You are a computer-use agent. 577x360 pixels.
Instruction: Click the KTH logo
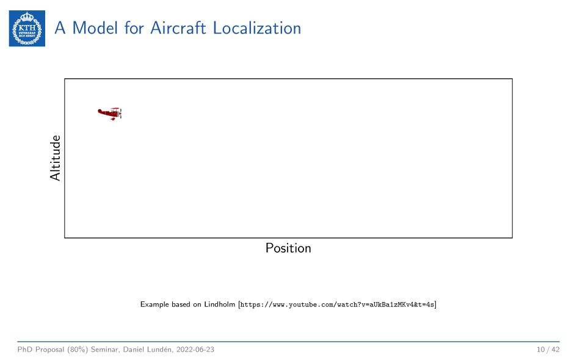tap(27, 28)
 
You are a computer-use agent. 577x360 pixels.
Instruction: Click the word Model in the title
tap(95, 28)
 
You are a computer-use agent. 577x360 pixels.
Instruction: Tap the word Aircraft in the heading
tap(178, 28)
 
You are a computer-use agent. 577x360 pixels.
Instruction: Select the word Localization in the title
tap(257, 28)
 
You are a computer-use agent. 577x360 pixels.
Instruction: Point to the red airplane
tap(110, 113)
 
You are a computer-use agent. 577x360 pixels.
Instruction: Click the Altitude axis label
tap(55, 158)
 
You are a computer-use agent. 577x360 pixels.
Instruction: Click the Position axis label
tap(288, 248)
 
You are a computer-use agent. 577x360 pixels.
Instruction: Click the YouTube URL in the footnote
tap(337, 304)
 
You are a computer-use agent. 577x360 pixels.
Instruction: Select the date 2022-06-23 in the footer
tap(195, 350)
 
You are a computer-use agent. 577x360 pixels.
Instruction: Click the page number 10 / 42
tap(548, 350)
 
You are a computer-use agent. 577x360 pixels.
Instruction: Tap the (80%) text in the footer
tap(78, 350)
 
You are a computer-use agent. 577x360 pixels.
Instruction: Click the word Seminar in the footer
tap(105, 350)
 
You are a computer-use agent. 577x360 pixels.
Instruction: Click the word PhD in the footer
tap(24, 350)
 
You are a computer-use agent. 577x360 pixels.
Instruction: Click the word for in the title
tap(134, 28)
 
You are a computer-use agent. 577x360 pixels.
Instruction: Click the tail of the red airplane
tap(100, 110)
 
